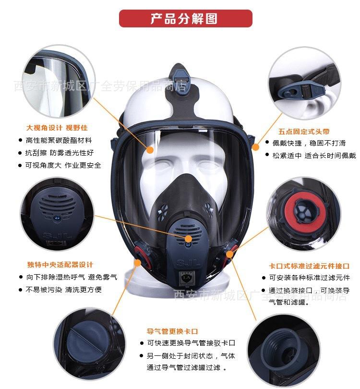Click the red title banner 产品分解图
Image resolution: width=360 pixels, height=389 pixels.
[x=185, y=19]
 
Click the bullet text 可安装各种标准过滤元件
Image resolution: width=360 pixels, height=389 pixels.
[x=309, y=278]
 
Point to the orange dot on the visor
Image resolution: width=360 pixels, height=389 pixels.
[x=150, y=149]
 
